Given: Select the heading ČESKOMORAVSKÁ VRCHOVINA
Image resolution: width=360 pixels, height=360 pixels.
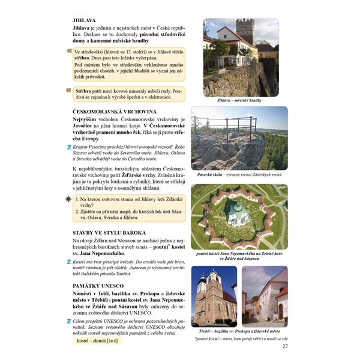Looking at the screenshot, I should (x=114, y=112).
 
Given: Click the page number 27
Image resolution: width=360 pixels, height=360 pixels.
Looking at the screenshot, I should (x=285, y=346).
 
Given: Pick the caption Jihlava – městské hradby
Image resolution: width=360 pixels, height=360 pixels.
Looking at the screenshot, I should (x=240, y=100).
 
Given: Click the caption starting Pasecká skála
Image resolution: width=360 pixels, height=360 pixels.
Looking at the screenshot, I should (x=240, y=175).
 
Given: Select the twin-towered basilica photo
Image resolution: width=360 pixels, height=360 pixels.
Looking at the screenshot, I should (x=214, y=296).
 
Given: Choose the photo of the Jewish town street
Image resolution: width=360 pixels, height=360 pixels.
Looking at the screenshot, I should (x=265, y=296).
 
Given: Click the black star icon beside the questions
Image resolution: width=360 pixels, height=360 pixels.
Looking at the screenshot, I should (x=68, y=198).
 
